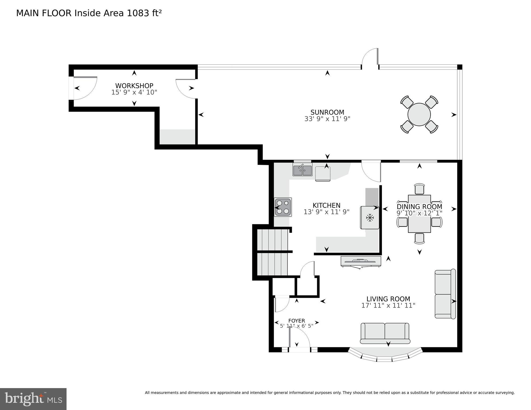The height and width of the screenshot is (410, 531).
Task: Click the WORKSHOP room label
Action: click(x=134, y=86)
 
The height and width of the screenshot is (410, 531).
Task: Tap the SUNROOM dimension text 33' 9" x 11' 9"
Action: click(x=327, y=119)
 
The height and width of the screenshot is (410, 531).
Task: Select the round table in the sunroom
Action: click(x=419, y=114)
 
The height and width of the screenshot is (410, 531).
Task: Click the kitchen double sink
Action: click(x=302, y=170)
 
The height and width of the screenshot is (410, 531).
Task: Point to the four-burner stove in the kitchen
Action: click(x=283, y=207)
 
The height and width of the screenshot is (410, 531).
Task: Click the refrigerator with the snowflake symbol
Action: click(x=370, y=217)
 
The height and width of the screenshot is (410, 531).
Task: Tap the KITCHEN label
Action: click(x=326, y=205)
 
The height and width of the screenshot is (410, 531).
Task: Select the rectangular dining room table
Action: click(x=419, y=214)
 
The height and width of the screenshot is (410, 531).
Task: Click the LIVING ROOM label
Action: click(x=388, y=299)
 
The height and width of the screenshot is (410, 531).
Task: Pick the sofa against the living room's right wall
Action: click(x=445, y=294)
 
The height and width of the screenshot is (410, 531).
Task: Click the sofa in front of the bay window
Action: click(x=385, y=333)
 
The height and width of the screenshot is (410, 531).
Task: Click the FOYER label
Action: click(x=296, y=321)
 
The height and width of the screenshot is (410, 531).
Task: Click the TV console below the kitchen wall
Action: click(x=361, y=261)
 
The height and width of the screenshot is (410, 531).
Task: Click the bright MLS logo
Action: click(x=33, y=399)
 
